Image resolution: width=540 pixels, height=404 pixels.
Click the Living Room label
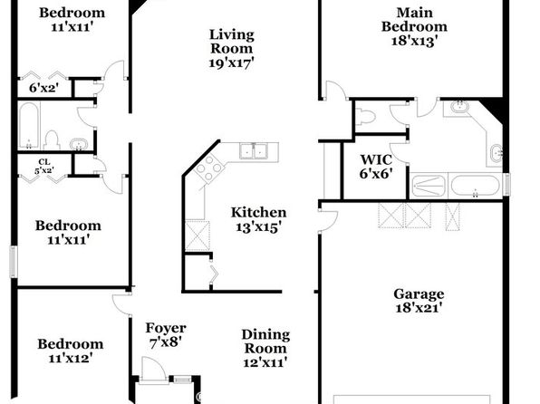pos(231,42)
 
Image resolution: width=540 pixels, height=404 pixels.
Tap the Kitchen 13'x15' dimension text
pos(258,227)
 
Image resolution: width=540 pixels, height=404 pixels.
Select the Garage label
pos(419,293)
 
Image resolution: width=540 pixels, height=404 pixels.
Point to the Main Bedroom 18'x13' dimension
pos(414,41)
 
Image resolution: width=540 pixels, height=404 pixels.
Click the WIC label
pos(376,159)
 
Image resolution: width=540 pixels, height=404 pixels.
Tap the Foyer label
pos(166,328)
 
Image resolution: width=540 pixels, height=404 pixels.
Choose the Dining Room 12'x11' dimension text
pos(265,362)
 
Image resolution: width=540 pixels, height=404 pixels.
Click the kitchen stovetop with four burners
pos(208,168)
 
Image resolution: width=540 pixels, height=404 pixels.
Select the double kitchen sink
pos(254,151)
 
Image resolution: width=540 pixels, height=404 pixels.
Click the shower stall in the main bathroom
pos(429,187)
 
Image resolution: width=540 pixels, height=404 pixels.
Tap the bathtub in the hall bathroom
pos(29,126)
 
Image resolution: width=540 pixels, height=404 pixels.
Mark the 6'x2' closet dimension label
pos(43,88)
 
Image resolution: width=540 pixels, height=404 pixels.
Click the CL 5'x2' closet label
pos(44,166)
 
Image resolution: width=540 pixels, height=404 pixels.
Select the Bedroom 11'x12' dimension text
pos(71,359)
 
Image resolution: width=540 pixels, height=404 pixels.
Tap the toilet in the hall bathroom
pos(52,139)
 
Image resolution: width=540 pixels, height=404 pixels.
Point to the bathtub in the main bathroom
pos(475,186)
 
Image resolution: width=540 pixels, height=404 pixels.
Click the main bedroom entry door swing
pos(337,91)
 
